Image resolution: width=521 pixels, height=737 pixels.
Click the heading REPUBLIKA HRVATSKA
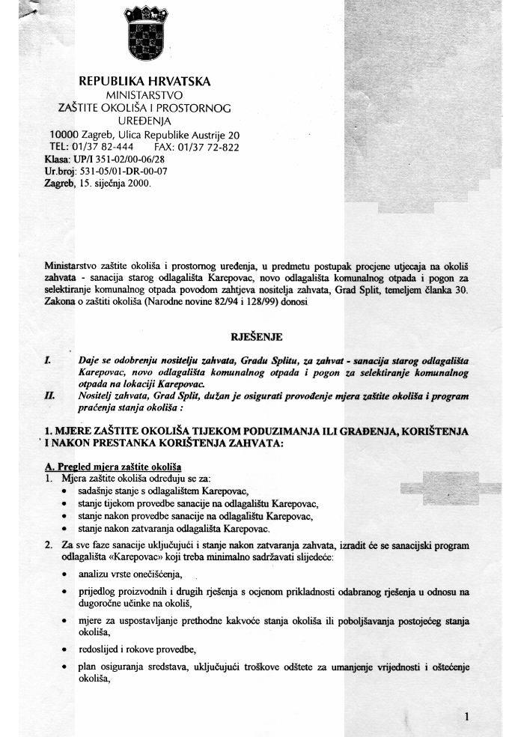(144, 82)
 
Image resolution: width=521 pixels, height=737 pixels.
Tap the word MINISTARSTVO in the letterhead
(144, 96)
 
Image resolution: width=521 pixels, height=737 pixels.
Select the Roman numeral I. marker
(47, 360)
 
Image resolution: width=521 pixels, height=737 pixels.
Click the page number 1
(467, 717)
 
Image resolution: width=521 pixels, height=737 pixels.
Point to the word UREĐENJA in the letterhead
(144, 121)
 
